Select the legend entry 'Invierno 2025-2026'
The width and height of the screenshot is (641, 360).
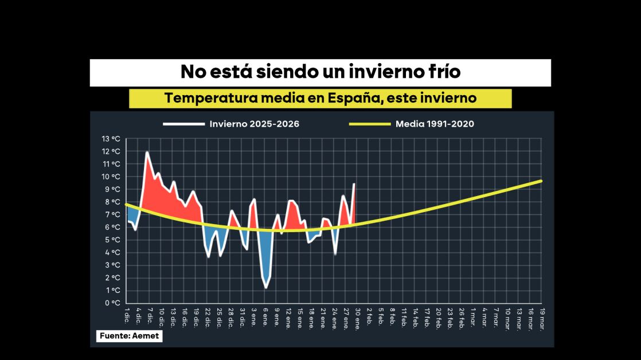(254, 124)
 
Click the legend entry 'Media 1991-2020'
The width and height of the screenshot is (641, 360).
(435, 124)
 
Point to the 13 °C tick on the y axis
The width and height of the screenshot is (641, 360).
(111, 139)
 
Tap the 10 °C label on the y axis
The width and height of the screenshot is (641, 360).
(111, 177)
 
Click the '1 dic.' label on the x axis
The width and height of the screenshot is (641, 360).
(127, 314)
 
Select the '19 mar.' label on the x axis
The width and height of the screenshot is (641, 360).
(541, 317)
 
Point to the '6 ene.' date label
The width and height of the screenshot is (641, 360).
(265, 316)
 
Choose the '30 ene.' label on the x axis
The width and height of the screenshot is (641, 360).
(358, 318)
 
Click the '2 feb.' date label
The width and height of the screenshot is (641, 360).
(369, 316)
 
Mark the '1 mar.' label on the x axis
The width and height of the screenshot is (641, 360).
(473, 316)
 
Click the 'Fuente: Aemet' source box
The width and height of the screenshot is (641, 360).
(129, 336)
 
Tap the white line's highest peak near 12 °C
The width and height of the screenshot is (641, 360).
(147, 152)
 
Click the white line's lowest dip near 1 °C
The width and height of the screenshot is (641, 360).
(265, 287)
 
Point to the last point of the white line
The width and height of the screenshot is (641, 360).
(354, 183)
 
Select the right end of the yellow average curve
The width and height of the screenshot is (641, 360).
(541, 181)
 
